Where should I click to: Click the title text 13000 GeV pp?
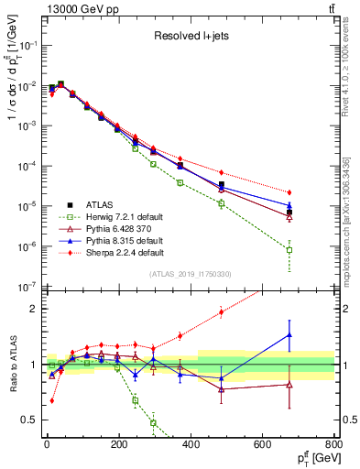point(79,8)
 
